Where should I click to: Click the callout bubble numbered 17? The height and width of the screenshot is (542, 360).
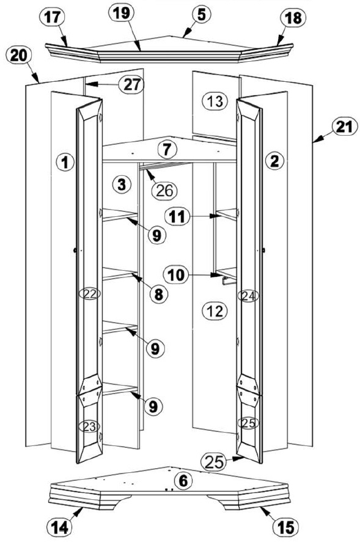point(53,18)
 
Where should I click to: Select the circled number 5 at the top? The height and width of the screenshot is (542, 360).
point(202,14)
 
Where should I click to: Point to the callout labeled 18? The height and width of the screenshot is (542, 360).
point(293,18)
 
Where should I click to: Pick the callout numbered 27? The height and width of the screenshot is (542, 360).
point(131,84)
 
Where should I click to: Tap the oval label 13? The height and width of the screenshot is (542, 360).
point(215,101)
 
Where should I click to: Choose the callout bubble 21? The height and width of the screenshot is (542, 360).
point(344,127)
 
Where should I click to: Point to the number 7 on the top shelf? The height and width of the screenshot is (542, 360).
point(167,150)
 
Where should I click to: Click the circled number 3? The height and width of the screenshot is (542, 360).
point(122,185)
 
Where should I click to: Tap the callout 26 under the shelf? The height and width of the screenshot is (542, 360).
point(164,191)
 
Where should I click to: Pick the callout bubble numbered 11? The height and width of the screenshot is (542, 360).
point(178,217)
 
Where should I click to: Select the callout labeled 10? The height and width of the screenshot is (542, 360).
point(177,275)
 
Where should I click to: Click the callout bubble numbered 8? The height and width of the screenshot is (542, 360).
point(159,295)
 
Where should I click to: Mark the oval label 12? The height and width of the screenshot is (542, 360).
point(215,311)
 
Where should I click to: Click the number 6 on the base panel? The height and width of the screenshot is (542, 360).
point(183,481)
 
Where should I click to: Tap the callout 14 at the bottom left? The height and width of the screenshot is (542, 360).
point(59,527)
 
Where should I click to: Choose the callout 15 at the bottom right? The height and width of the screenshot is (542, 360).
point(286,527)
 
